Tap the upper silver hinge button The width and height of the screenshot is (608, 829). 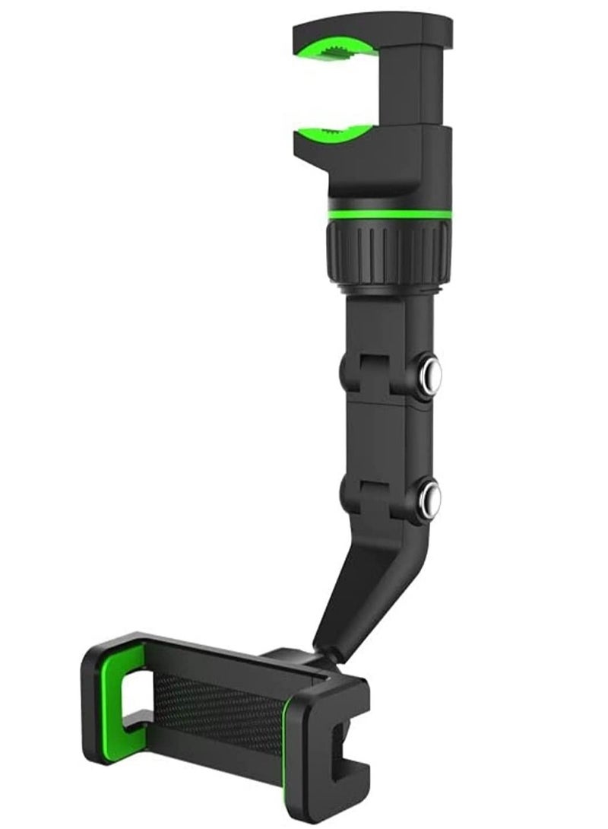point(430,373)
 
